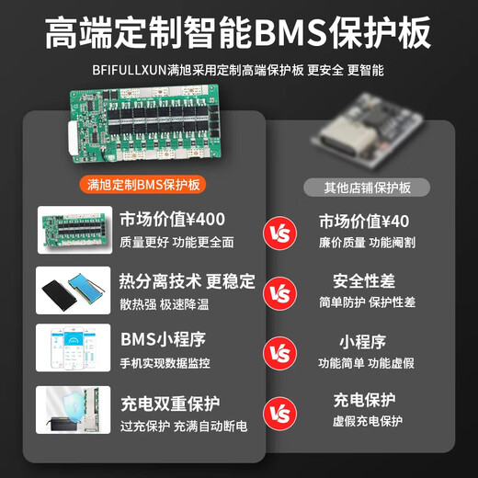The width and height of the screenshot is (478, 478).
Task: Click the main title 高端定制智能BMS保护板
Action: tap(239, 33)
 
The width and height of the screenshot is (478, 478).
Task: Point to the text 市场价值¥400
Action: tap(173, 220)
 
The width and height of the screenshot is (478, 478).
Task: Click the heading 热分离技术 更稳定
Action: tap(188, 280)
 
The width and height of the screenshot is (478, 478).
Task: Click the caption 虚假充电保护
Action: tap(368, 421)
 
